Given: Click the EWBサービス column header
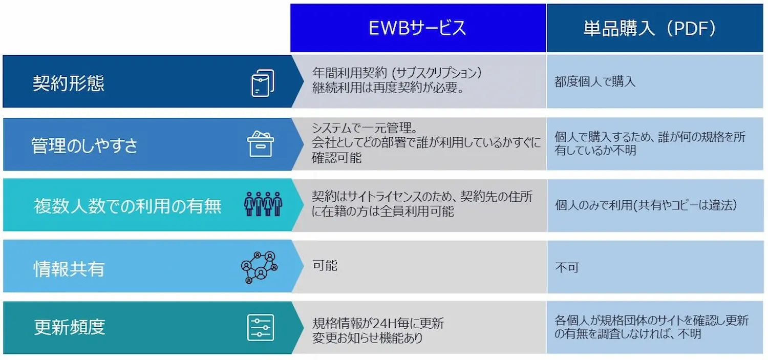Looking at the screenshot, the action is [418, 28].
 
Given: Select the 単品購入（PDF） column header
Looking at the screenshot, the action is [655, 28].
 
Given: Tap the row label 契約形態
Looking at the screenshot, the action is [68, 83].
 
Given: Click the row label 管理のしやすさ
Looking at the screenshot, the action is [84, 145].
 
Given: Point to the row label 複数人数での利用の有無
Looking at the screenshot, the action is [127, 206].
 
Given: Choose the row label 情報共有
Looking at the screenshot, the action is [69, 268].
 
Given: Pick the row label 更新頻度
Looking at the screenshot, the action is [69, 327].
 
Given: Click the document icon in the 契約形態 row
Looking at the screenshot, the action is [263, 83].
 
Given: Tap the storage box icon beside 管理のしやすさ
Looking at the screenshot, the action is [261, 144].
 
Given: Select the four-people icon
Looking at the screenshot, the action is [263, 204].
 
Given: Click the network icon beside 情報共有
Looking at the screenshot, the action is [260, 267].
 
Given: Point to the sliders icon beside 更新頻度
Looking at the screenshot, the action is [261, 327].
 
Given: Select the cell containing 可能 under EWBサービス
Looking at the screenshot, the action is [419, 266].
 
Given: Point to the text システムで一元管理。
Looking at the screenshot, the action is [365, 128].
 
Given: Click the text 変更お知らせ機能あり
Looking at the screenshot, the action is [368, 338].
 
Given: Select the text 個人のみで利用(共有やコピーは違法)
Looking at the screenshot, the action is [646, 205].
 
